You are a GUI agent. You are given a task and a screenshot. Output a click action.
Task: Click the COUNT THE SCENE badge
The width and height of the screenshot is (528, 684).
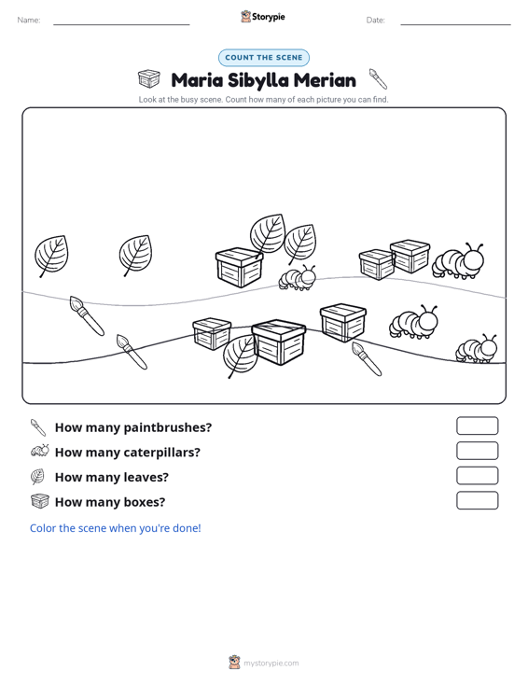coord(264,58)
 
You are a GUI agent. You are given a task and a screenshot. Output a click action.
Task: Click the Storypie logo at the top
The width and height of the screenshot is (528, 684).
coord(263,17)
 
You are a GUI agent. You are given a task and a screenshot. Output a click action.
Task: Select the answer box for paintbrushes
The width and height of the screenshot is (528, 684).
coord(477,426)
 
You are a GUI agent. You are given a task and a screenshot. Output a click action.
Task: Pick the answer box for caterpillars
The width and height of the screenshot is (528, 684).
coord(477,451)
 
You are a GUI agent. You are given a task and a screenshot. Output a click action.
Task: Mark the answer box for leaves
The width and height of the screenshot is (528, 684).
coord(477,476)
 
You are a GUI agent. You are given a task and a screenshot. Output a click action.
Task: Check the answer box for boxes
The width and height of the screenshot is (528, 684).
coord(477,500)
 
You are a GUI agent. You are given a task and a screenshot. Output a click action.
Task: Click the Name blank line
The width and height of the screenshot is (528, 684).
coord(121,24)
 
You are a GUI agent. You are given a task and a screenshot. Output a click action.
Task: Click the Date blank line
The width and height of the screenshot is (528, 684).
coord(455,24)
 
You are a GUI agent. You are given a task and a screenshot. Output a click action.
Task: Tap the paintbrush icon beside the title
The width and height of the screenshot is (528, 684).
coord(378,78)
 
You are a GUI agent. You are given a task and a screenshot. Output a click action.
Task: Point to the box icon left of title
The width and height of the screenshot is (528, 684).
coord(149,78)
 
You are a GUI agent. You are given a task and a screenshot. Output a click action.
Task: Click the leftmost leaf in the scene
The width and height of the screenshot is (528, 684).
coord(51,256)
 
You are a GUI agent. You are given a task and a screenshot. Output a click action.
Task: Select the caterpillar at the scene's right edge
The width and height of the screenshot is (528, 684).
coord(476,349)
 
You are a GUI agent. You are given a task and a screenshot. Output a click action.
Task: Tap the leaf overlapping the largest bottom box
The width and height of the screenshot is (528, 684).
coord(240,356)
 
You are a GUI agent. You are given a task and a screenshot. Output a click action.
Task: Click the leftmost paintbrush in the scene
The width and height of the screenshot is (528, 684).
coord(87,315)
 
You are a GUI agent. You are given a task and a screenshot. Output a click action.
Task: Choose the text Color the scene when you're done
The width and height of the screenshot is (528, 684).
coord(115,528)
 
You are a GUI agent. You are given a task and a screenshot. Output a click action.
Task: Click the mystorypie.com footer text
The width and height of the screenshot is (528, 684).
coord(271,663)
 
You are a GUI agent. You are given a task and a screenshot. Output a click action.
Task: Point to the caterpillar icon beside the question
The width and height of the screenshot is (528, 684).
coord(40,451)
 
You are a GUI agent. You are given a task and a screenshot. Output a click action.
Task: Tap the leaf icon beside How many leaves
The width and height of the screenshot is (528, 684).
coord(37,476)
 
